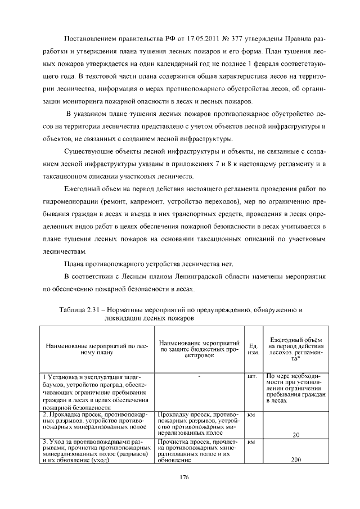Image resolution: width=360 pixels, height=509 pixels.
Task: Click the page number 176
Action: (x=180, y=477)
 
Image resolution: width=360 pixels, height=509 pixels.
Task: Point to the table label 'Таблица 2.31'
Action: (x=78, y=309)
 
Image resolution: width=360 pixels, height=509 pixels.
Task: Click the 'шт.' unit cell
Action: (x=253, y=375)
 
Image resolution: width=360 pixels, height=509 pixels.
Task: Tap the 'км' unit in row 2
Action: (x=251, y=415)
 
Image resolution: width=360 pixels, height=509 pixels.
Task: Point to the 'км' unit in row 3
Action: (x=251, y=443)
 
